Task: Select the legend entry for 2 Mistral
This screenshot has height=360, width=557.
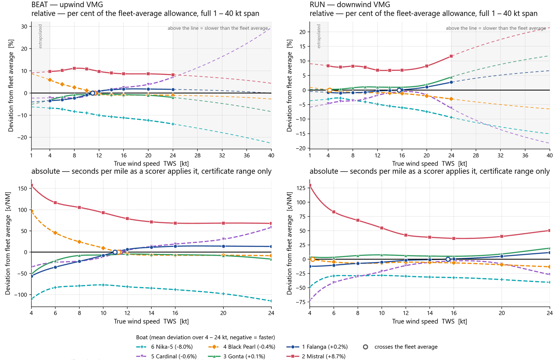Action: pyautogui.click(x=316, y=356)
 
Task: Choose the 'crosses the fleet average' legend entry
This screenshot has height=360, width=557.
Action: pyautogui.click(x=400, y=347)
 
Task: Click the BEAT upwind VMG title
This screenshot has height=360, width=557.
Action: pyautogui.click(x=67, y=5)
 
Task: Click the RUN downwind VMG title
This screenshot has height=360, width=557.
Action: pyautogui.click(x=350, y=5)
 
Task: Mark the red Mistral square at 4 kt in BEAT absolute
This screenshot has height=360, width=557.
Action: pyautogui.click(x=32, y=185)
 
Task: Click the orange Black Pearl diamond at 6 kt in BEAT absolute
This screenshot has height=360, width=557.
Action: pyautogui.click(x=55, y=233)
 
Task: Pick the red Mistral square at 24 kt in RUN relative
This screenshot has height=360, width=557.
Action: pyautogui.click(x=451, y=56)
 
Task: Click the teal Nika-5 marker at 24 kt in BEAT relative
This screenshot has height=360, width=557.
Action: pyautogui.click(x=173, y=124)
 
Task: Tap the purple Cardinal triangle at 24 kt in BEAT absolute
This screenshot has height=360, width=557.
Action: pyautogui.click(x=271, y=227)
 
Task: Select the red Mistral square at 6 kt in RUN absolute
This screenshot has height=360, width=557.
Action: pyautogui.click(x=334, y=212)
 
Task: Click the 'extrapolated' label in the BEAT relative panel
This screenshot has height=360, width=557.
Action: pyautogui.click(x=40, y=36)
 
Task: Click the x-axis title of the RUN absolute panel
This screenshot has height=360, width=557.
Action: pyautogui.click(x=430, y=321)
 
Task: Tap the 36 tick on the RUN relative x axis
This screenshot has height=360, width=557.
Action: pyautogui.click(x=525, y=155)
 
